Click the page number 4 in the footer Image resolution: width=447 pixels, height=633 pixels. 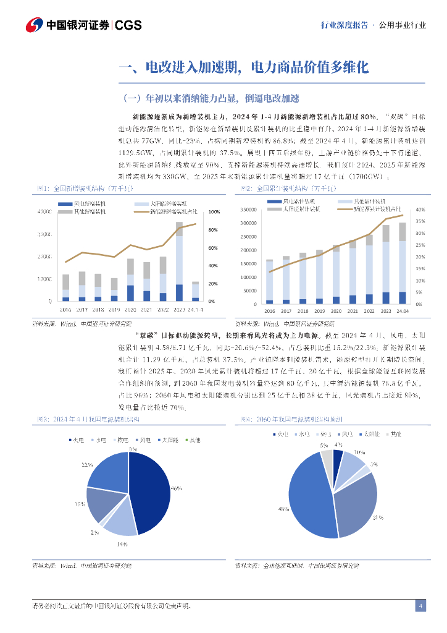coord(420,606)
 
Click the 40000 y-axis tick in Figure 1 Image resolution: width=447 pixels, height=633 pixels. coord(44,212)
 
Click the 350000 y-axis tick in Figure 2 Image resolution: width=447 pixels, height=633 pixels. coord(248,211)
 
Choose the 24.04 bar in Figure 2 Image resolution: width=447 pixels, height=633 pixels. coord(402,263)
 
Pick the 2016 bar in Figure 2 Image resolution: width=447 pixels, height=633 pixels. coord(269,282)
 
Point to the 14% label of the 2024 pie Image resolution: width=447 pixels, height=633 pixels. coord(122,543)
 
